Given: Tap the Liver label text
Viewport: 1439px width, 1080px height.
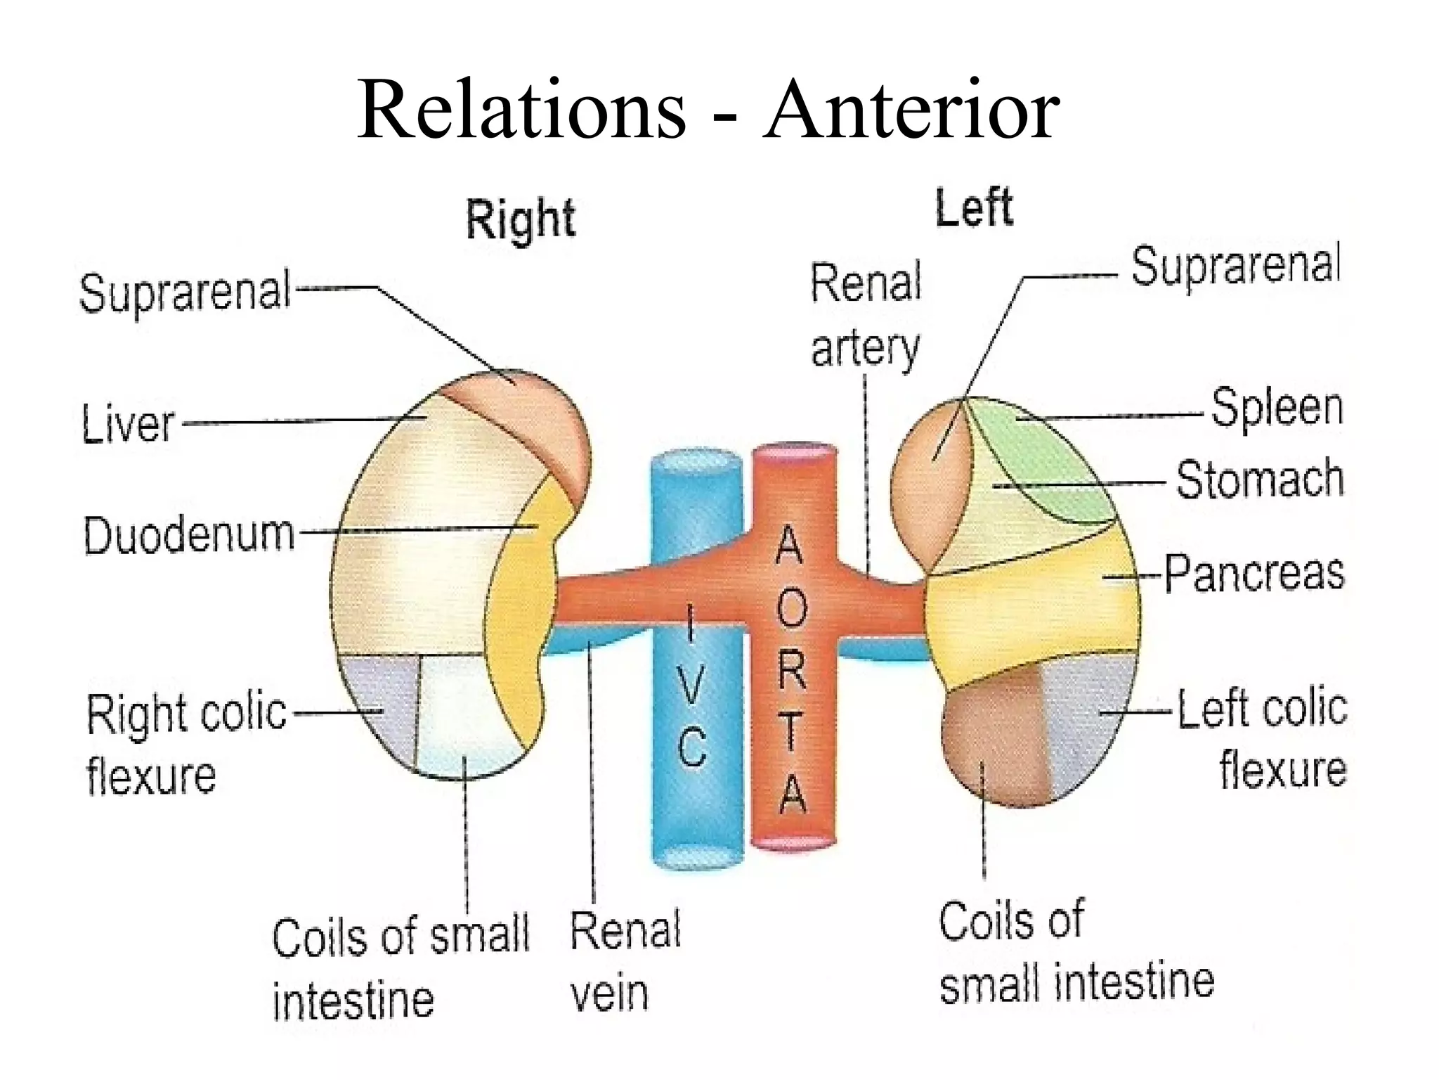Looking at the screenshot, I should coord(128,424).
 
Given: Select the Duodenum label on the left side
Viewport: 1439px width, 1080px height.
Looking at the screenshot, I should coord(189,534).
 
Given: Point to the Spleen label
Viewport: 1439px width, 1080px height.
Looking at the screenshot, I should coord(1277,408).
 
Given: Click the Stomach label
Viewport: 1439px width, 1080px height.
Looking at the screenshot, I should coord(1260,480).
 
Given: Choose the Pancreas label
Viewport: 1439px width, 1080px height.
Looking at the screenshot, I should coord(1254,573).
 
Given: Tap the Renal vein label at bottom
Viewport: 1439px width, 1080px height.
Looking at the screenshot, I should coord(625,961).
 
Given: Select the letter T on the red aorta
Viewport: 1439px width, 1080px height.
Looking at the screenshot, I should coord(791,731).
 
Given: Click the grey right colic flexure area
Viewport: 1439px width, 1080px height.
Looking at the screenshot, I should coord(383,703).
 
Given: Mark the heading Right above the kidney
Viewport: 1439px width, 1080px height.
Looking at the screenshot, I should coord(521,219).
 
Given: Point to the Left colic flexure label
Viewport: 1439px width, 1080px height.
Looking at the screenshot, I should coord(1262,738).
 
